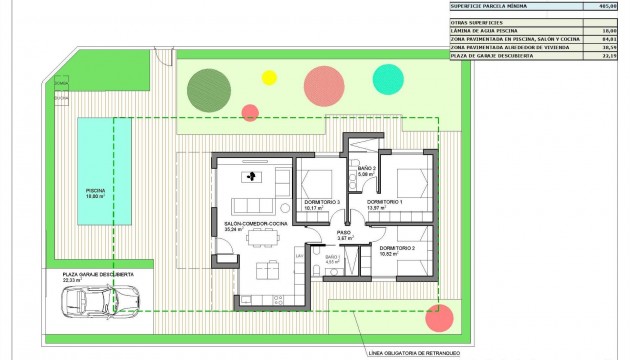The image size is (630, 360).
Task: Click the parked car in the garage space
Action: (100, 301)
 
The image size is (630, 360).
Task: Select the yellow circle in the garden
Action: (268, 76)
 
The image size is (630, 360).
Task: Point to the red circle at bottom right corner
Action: (439, 318)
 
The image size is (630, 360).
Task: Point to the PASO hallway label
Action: (343, 232)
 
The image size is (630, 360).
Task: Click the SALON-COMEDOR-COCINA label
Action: (256, 223)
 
